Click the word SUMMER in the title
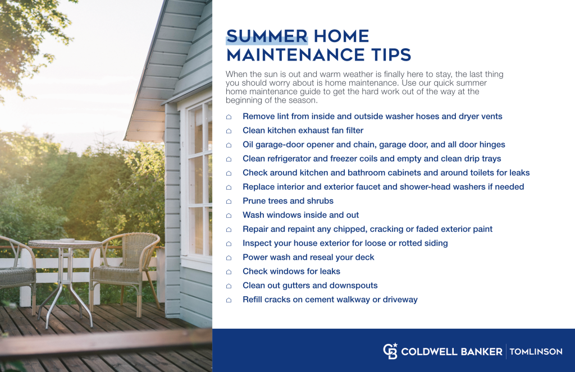click(267, 36)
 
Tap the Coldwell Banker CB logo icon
click(390, 351)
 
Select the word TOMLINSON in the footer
click(536, 352)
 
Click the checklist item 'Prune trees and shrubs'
click(287, 201)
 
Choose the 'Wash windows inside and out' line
click(300, 215)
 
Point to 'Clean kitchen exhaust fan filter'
click(303, 131)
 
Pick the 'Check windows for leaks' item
click(291, 271)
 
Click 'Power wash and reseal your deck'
click(308, 257)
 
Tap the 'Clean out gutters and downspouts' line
click(310, 285)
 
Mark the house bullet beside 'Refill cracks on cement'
click(229, 300)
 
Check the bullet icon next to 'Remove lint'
click(229, 117)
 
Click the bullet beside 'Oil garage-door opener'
click(229, 145)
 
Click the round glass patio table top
click(65, 244)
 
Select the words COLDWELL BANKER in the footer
click(451, 352)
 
